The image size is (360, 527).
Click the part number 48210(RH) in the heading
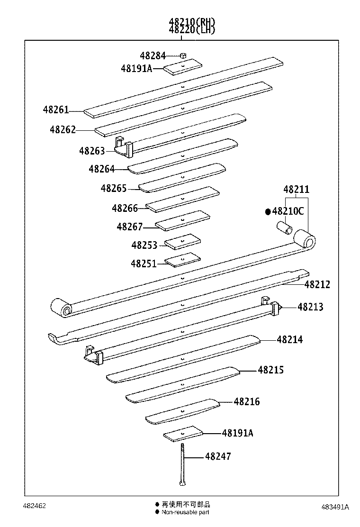(x=191, y=21)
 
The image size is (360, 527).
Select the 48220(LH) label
(x=191, y=29)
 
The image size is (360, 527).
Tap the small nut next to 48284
(x=184, y=55)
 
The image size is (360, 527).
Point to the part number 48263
(x=92, y=151)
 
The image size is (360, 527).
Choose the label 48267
(x=129, y=227)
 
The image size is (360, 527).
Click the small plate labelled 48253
(x=182, y=242)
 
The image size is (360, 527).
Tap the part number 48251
(x=144, y=263)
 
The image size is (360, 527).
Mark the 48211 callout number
(x=296, y=190)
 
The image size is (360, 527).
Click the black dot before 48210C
(x=268, y=211)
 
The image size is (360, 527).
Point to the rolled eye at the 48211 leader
(x=305, y=239)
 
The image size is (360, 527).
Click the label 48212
(x=317, y=284)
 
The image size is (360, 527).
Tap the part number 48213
(x=310, y=307)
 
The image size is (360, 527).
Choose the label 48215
(x=270, y=370)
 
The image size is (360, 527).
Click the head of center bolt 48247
(x=182, y=483)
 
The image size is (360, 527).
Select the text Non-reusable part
(x=185, y=512)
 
